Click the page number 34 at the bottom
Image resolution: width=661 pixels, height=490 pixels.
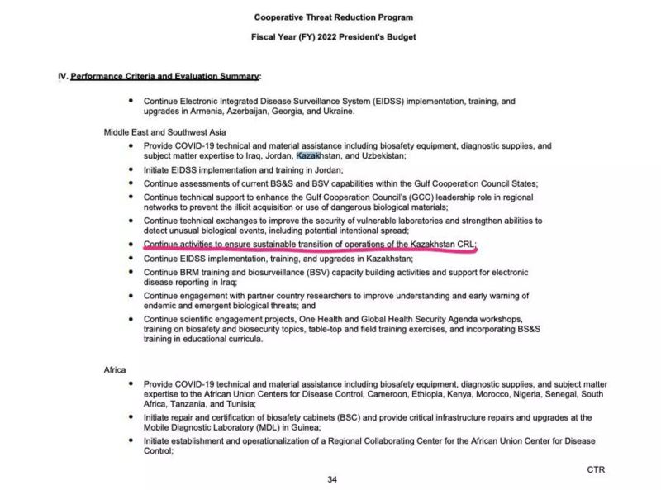coord(332,479)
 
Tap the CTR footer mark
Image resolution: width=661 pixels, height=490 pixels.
coord(596,469)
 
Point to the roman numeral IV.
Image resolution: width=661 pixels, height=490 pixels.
coord(62,76)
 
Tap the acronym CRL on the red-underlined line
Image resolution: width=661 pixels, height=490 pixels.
coord(464,245)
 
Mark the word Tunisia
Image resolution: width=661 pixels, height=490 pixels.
coord(234,405)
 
